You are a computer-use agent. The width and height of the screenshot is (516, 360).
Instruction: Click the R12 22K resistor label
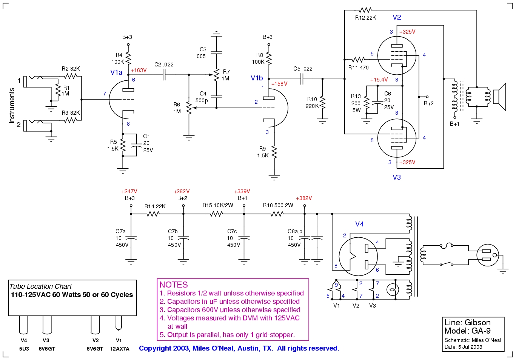point(365,18)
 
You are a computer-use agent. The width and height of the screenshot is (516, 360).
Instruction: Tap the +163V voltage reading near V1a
point(139,70)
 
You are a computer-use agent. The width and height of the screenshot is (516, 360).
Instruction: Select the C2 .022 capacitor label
point(164,65)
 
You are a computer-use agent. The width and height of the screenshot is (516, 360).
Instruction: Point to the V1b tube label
point(257,78)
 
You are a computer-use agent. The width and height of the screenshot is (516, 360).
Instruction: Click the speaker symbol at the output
point(499,97)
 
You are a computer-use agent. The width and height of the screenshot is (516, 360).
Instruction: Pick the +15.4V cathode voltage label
point(379,80)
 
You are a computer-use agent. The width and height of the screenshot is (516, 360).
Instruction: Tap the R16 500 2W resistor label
point(278,205)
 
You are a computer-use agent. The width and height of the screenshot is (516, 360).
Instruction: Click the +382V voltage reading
point(304,198)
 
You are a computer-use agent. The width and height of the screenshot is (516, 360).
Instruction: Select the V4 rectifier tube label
point(359,224)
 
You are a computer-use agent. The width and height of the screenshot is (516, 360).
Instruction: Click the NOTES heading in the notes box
point(174,285)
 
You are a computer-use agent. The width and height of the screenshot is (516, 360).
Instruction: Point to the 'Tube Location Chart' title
point(40,286)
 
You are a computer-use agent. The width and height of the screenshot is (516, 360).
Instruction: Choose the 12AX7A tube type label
point(120,349)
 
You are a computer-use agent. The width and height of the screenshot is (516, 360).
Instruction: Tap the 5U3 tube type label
point(24,349)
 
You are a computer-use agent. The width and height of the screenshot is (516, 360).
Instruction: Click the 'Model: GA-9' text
point(467,331)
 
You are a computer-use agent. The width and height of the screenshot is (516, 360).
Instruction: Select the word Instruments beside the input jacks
point(12,106)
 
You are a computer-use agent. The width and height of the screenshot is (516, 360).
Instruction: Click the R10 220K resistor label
point(312,103)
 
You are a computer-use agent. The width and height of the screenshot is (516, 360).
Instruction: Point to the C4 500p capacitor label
point(202,97)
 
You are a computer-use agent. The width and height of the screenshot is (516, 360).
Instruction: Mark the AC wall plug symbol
point(487,255)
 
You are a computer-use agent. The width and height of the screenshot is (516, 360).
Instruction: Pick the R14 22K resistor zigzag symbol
point(153,214)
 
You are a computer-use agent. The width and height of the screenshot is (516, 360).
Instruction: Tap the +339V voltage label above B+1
point(242,191)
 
